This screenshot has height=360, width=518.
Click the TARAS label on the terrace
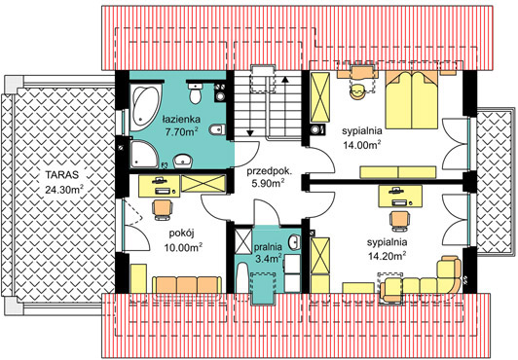(x=62, y=174)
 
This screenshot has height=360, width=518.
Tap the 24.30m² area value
(x=64, y=189)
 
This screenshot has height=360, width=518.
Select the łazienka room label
(x=181, y=119)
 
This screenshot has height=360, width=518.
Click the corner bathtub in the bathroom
(x=145, y=106)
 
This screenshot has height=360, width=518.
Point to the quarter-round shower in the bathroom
(x=143, y=154)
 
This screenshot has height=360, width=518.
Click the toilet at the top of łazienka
(x=196, y=93)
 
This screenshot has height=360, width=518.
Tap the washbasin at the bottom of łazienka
(x=183, y=161)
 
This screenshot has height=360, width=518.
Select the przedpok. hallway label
(x=270, y=171)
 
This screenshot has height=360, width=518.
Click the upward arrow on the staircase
(x=285, y=106)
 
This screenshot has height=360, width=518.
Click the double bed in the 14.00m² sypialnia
(x=412, y=99)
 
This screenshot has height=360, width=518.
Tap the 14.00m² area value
(x=362, y=145)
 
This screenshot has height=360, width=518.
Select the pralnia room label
(x=268, y=247)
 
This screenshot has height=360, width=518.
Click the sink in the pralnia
(x=294, y=242)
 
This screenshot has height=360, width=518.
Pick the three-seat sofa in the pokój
(x=187, y=286)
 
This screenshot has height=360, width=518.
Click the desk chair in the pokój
(x=163, y=210)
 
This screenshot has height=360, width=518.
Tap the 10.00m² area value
(x=184, y=247)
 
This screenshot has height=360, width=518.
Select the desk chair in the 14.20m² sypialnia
(x=400, y=221)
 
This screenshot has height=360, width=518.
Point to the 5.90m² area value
(x=269, y=183)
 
